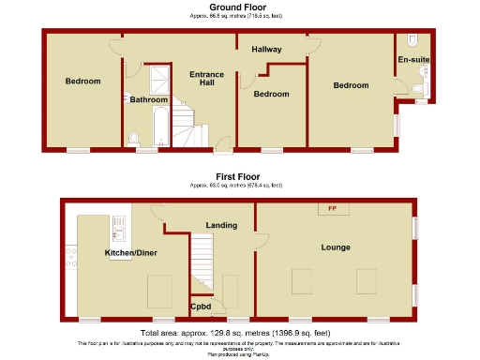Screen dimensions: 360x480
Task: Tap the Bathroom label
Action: [149, 99]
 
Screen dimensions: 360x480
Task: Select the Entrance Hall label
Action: [202, 79]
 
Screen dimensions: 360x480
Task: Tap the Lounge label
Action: [335, 247]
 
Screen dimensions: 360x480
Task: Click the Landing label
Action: [221, 225]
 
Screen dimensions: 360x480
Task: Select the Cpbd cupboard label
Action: [201, 306]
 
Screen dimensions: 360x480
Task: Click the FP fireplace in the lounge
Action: [332, 207]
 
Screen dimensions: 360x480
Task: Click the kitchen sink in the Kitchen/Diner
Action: [119, 224]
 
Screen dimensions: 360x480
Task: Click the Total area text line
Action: [235, 333]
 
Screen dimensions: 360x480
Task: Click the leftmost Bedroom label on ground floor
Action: [82, 82]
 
